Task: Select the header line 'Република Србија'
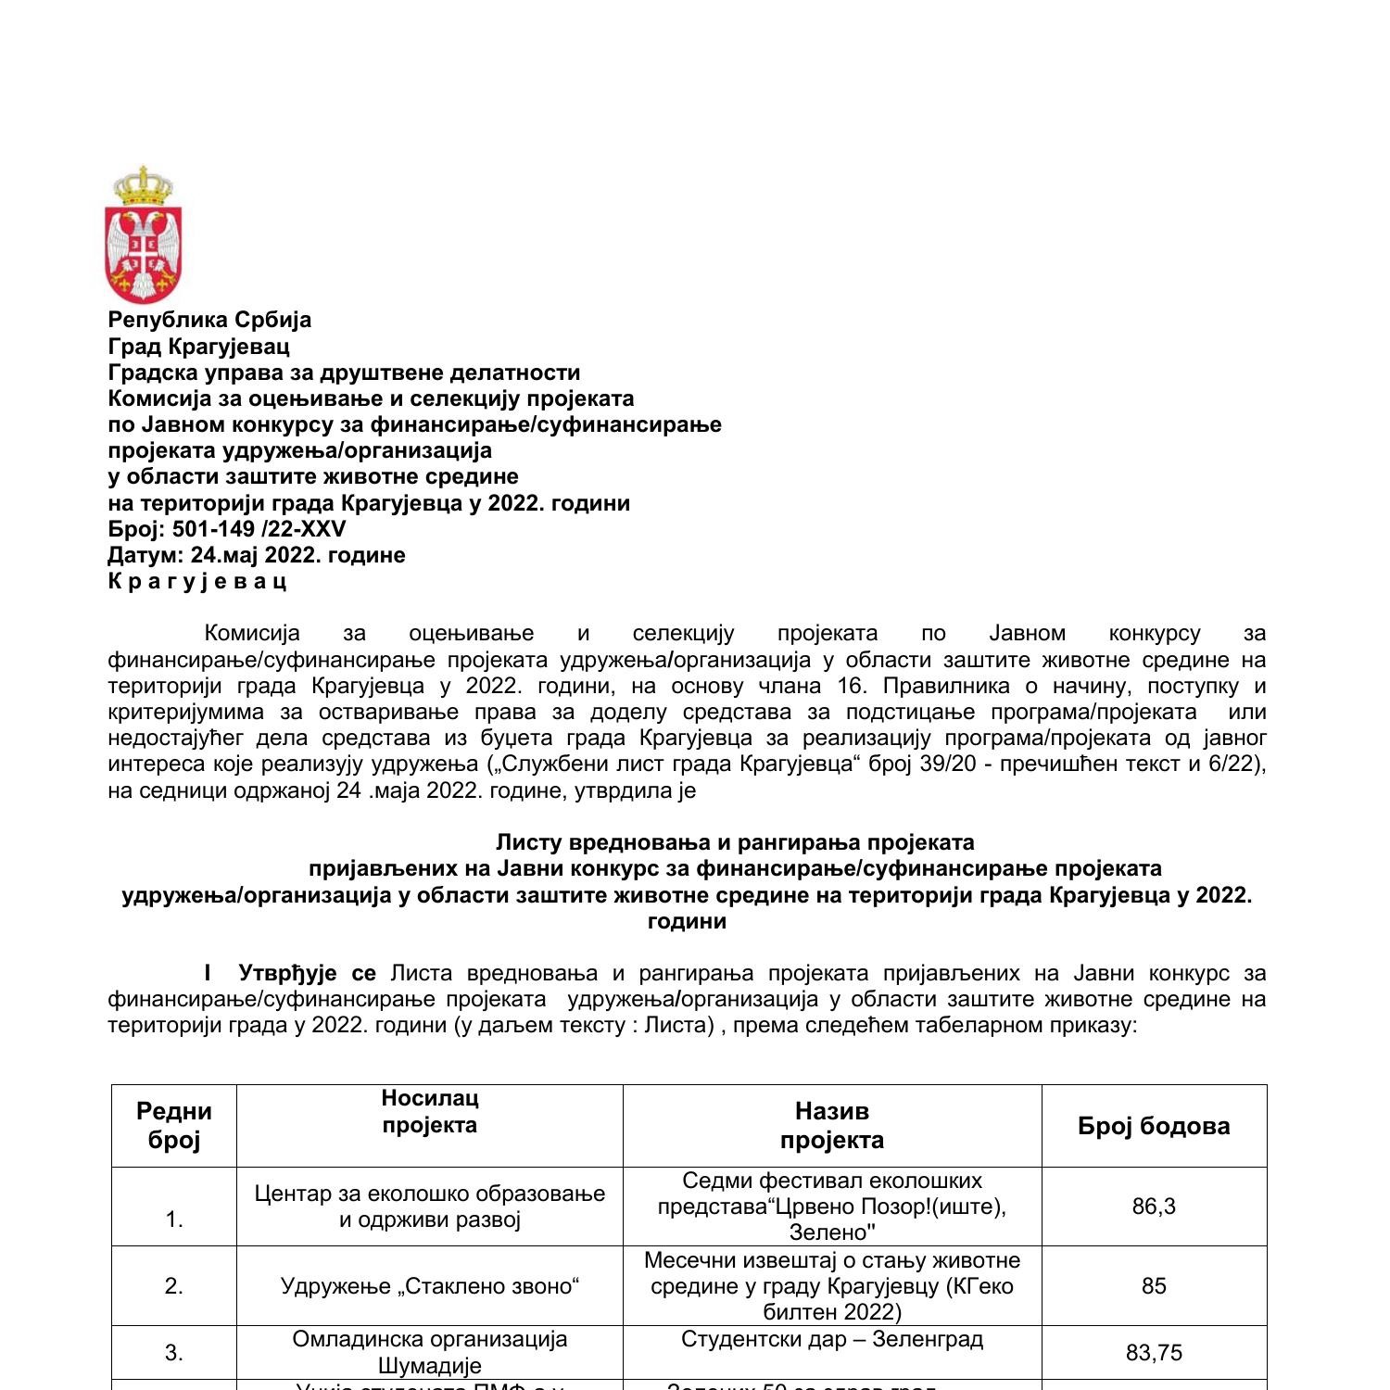click(209, 320)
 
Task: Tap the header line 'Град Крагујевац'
click(198, 346)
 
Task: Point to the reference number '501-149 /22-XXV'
click(259, 529)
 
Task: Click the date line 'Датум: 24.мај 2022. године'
click(257, 555)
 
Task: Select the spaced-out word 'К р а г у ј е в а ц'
click(197, 581)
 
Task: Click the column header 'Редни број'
click(174, 1125)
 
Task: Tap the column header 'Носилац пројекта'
click(430, 1112)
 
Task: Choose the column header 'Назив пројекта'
click(832, 1125)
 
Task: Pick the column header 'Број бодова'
click(1154, 1126)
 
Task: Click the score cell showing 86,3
click(1154, 1206)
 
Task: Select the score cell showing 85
click(1154, 1285)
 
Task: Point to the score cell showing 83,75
click(1154, 1353)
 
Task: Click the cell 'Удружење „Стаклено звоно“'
click(430, 1285)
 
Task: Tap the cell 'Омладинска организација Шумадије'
click(430, 1352)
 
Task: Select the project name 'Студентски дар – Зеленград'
click(832, 1339)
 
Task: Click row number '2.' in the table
click(174, 1285)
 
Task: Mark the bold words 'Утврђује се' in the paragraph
click(307, 973)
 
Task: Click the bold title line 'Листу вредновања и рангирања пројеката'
click(735, 842)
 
